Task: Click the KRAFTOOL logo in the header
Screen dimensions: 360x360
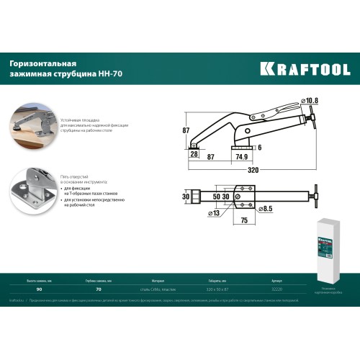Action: point(305,70)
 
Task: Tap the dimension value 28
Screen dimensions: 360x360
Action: point(194,154)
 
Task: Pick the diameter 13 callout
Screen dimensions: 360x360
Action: point(214,214)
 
